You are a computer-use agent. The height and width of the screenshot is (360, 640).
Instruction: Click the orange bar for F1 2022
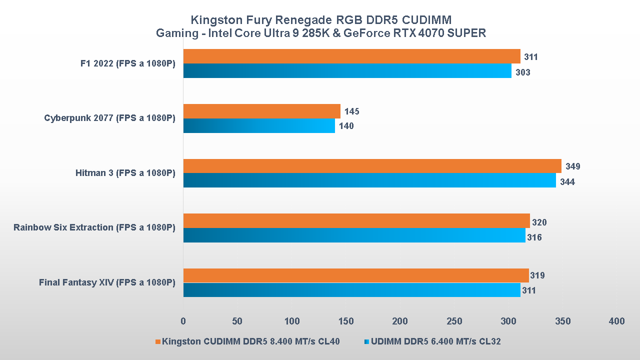[x=351, y=56]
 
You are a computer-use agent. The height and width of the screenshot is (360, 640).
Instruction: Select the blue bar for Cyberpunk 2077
[x=259, y=126]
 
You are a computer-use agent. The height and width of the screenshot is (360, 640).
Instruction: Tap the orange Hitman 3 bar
[x=372, y=166]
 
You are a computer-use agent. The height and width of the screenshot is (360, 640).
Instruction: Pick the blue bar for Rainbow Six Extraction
[x=354, y=235]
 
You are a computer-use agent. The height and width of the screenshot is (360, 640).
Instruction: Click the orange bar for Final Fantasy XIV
[x=356, y=275]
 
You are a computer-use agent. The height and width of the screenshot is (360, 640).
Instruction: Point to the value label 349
[x=572, y=166]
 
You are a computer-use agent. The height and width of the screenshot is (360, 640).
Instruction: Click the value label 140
[x=346, y=126]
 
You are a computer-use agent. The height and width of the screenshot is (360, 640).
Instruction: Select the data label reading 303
[x=522, y=72]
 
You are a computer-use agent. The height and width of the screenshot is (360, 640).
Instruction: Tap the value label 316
[x=534, y=237]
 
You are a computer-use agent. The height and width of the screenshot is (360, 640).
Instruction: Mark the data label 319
[x=537, y=275]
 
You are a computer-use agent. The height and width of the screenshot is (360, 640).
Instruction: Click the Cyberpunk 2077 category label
[x=109, y=118]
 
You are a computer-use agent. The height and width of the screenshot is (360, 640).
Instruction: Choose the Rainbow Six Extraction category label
[x=94, y=227]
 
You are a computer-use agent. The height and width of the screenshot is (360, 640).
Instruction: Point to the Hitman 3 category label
[x=125, y=173]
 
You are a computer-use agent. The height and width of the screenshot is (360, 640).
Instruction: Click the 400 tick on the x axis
[x=617, y=321]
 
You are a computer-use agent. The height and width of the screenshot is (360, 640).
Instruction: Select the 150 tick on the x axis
[x=346, y=321]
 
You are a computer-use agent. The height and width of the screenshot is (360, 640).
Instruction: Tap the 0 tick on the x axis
[x=183, y=321]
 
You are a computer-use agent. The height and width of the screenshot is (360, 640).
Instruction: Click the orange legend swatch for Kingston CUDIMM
[x=158, y=342]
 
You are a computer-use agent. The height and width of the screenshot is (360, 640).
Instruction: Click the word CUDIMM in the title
[x=426, y=20]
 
